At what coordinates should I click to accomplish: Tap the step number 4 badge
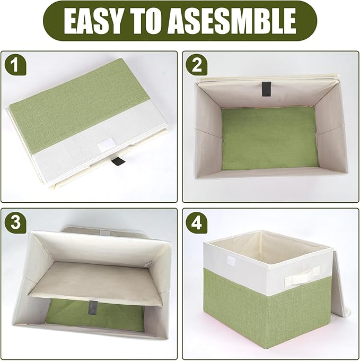197,222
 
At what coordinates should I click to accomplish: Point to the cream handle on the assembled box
302,276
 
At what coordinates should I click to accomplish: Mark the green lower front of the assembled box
265,319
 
